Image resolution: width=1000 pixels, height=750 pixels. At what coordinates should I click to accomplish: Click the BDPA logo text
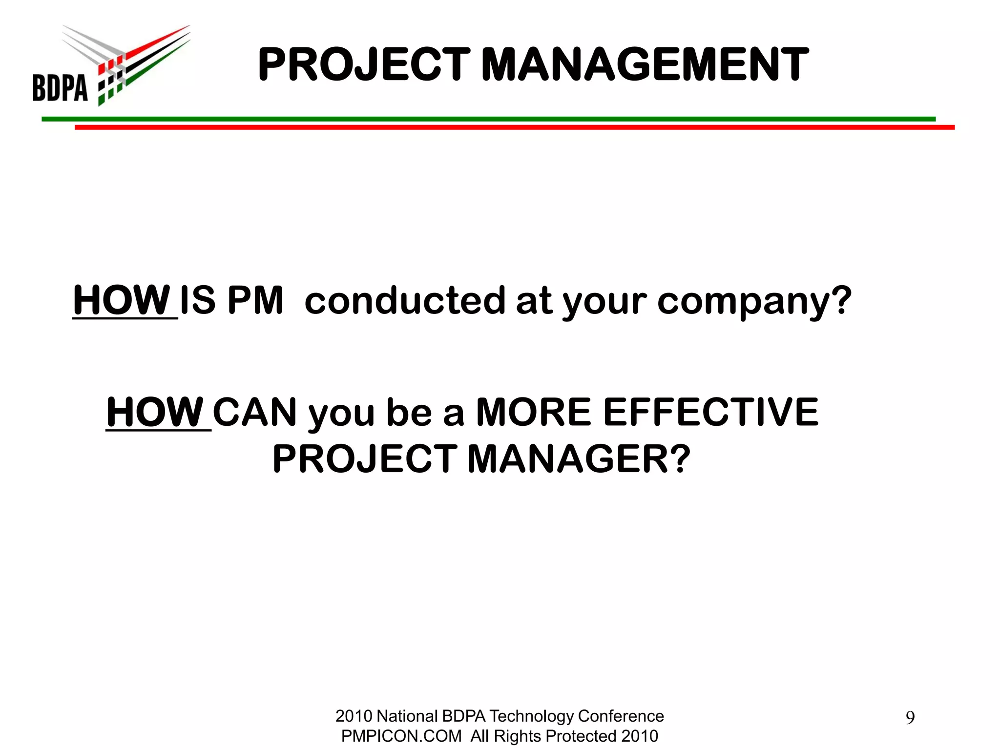point(60,87)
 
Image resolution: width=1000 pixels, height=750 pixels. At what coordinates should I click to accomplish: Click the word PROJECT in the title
point(364,64)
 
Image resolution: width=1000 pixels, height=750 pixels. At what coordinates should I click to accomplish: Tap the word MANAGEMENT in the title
point(645,64)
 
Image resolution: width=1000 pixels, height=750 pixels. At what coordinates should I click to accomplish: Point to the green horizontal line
point(488,119)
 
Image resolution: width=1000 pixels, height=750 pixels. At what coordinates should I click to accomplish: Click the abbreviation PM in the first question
point(255,300)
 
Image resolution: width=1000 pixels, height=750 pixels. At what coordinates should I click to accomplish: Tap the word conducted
point(405,300)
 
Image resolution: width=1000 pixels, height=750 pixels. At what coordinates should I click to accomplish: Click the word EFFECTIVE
point(710,413)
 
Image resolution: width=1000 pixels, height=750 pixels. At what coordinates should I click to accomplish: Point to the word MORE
point(534,413)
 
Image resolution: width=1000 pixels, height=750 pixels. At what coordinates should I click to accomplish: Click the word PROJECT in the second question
point(365,459)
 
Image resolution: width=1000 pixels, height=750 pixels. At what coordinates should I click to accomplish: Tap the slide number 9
point(910,718)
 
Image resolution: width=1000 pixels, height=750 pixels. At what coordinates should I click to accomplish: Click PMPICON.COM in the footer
point(401,736)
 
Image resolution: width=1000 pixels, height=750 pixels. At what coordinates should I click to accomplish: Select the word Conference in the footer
point(621,716)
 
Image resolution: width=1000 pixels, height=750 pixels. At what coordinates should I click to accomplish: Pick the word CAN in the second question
point(254,413)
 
